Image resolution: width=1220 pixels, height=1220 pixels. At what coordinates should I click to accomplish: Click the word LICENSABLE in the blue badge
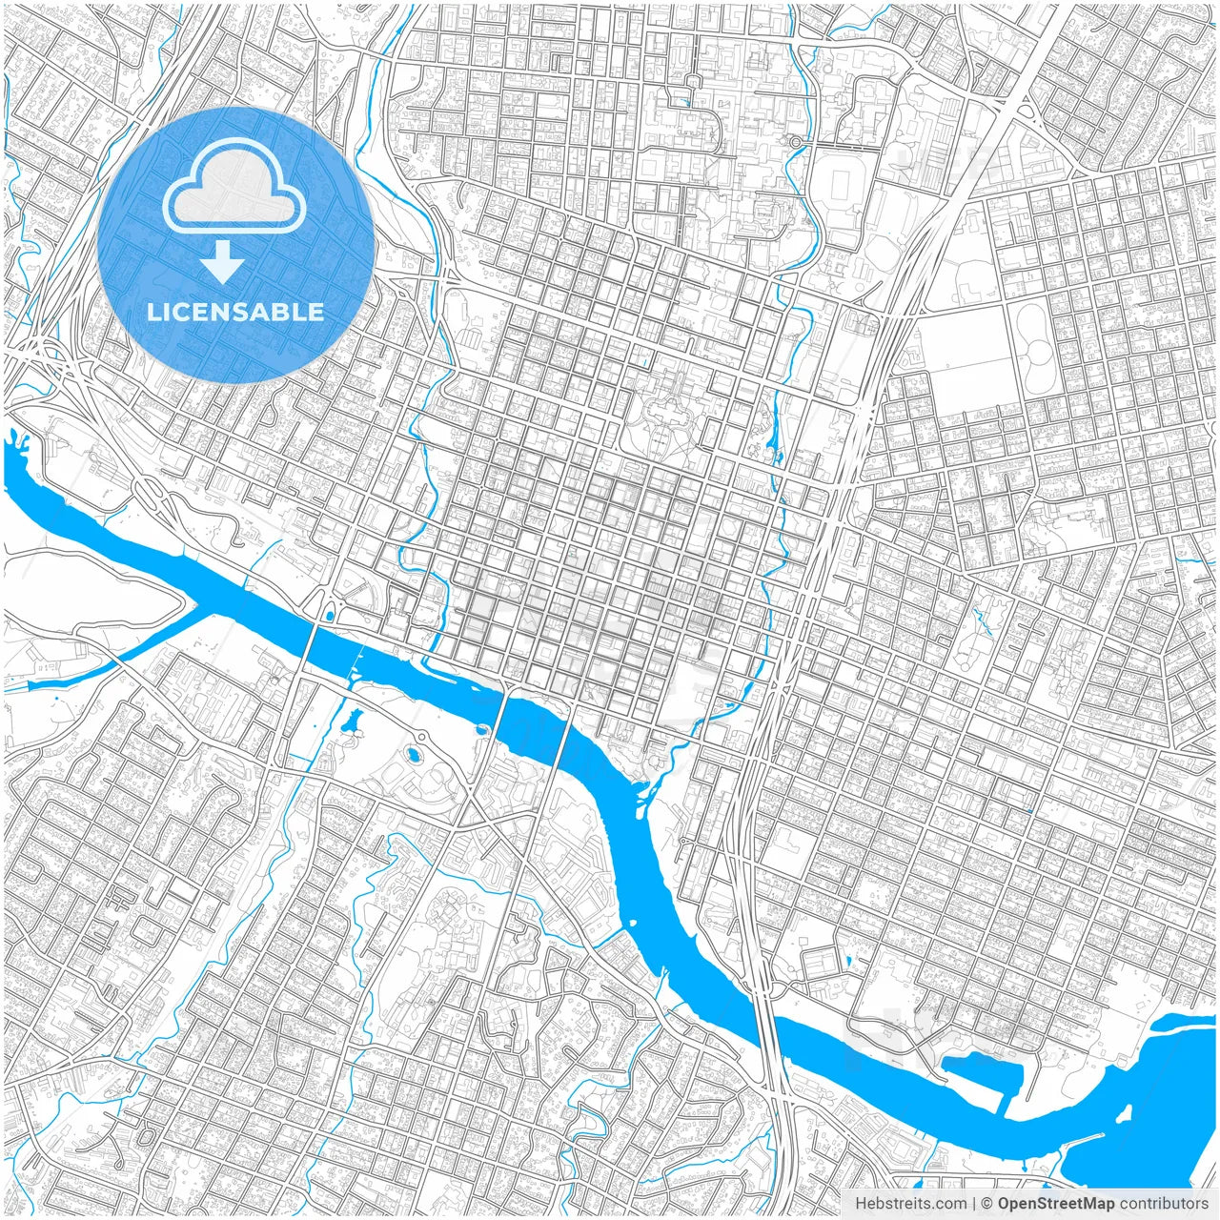point(235,312)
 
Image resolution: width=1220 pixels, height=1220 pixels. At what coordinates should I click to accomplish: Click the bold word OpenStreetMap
point(1055,1204)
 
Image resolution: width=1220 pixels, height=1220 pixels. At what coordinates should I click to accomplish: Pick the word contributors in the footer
point(1164,1204)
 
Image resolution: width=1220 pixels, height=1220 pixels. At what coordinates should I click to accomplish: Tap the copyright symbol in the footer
point(987,1204)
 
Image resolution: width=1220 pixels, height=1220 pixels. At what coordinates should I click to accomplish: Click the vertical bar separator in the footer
point(973,1204)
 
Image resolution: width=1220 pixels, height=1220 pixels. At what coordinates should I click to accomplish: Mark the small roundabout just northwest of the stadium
point(795,142)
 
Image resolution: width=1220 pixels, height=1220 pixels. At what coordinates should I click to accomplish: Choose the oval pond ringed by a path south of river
point(413,755)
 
